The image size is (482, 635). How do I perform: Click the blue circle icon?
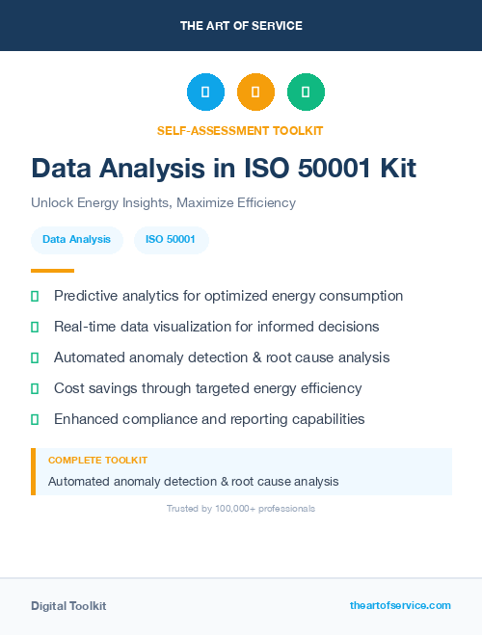click(x=205, y=93)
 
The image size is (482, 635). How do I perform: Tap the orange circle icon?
click(x=255, y=93)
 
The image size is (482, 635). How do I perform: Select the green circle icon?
click(x=306, y=93)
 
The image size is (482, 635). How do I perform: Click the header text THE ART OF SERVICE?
click(x=241, y=25)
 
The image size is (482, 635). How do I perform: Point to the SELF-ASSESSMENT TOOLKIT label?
click(x=240, y=130)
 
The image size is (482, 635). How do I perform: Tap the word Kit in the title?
click(x=395, y=169)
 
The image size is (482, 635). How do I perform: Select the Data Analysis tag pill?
click(x=76, y=239)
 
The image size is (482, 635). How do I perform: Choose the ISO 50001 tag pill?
click(x=171, y=239)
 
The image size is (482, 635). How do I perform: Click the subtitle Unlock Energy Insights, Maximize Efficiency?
click(x=163, y=203)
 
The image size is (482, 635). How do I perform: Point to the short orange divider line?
click(x=52, y=271)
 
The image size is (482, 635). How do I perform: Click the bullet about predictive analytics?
click(x=228, y=296)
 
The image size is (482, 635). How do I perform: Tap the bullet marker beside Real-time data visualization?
click(x=35, y=328)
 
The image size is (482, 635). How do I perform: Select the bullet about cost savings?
click(x=207, y=388)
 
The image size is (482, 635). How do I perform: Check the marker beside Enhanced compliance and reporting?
click(x=35, y=420)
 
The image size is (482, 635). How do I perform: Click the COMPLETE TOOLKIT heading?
click(x=97, y=461)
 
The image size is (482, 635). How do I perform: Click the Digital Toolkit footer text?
click(x=68, y=606)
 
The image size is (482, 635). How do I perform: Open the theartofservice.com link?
click(x=400, y=605)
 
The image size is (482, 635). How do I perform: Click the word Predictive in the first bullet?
click(x=85, y=296)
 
